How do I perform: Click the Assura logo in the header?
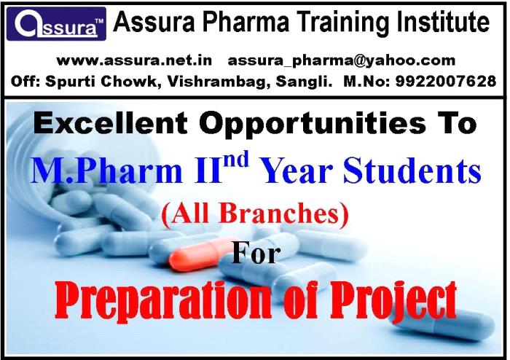[56, 24]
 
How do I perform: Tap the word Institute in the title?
[443, 21]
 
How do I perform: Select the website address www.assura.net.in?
[134, 60]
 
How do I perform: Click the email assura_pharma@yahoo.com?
[341, 61]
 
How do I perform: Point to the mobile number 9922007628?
[446, 81]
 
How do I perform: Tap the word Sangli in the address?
[304, 82]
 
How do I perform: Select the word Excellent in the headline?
[111, 122]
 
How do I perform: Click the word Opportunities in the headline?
[313, 124]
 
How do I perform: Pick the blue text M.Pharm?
[106, 171]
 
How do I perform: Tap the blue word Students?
[412, 170]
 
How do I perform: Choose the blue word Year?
[297, 171]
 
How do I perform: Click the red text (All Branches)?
[255, 214]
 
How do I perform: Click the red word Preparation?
[162, 302]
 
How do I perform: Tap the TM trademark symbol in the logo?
[99, 21]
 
